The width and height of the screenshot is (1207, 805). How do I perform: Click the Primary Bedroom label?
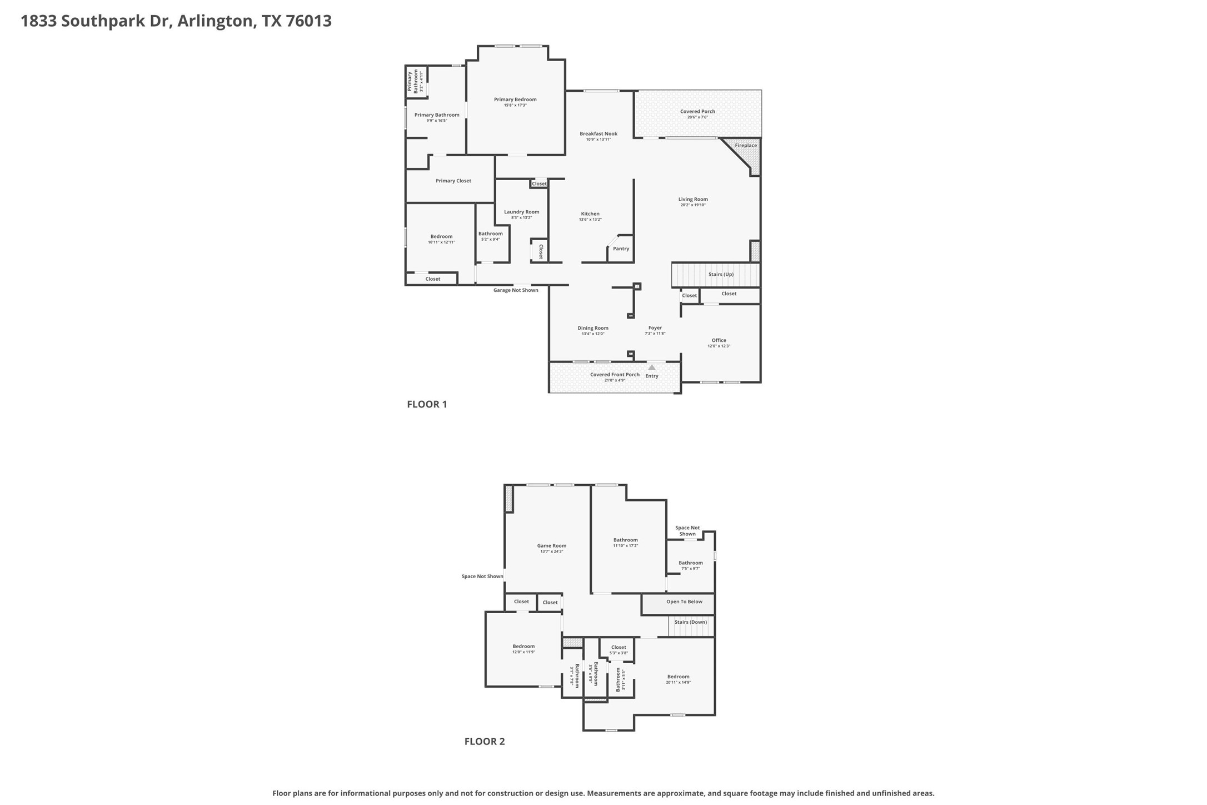515,100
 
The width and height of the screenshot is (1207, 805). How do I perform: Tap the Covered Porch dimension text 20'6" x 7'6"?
697,117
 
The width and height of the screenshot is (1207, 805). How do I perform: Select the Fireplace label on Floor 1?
746,146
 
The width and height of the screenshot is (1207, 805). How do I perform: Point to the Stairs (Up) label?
721,275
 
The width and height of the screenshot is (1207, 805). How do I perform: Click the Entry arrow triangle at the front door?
652,367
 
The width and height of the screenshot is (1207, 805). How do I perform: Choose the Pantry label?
621,249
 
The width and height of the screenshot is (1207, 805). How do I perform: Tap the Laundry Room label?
521,212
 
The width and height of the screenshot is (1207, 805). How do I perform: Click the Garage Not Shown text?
516,290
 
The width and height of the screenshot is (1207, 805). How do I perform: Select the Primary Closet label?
453,181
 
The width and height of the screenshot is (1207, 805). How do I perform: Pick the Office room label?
719,340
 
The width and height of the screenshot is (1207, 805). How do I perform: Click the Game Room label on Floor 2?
551,546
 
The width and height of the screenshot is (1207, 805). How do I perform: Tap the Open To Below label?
684,602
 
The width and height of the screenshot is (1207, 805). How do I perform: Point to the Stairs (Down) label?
690,622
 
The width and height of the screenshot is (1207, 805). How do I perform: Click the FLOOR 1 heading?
427,404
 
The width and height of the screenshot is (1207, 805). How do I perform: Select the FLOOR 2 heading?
485,741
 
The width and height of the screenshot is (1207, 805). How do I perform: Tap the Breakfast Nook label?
598,133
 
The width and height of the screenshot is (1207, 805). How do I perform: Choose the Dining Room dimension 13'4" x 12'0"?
592,334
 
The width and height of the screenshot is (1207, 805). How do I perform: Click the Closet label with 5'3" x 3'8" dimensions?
619,647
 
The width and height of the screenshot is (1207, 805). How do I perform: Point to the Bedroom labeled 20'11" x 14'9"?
678,677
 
